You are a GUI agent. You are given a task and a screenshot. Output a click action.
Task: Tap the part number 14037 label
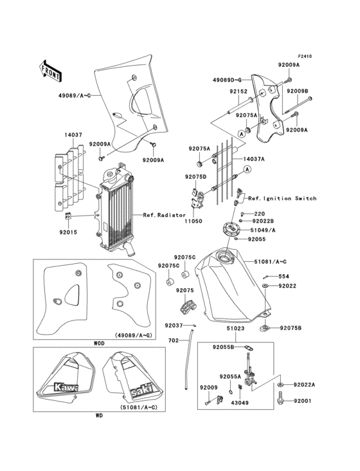tap(73, 136)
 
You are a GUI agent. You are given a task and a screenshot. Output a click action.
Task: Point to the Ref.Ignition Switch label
tap(282, 198)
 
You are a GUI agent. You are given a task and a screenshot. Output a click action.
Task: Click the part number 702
tap(173, 339)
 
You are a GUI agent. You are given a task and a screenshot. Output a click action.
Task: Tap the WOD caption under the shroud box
tap(99, 343)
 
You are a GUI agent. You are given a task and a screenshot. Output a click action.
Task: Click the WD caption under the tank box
tap(99, 416)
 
